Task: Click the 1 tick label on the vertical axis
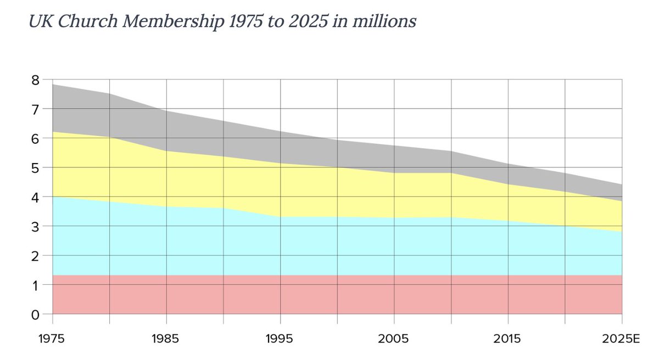pyautogui.click(x=36, y=285)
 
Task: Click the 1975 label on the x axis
pyautogui.click(x=53, y=338)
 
